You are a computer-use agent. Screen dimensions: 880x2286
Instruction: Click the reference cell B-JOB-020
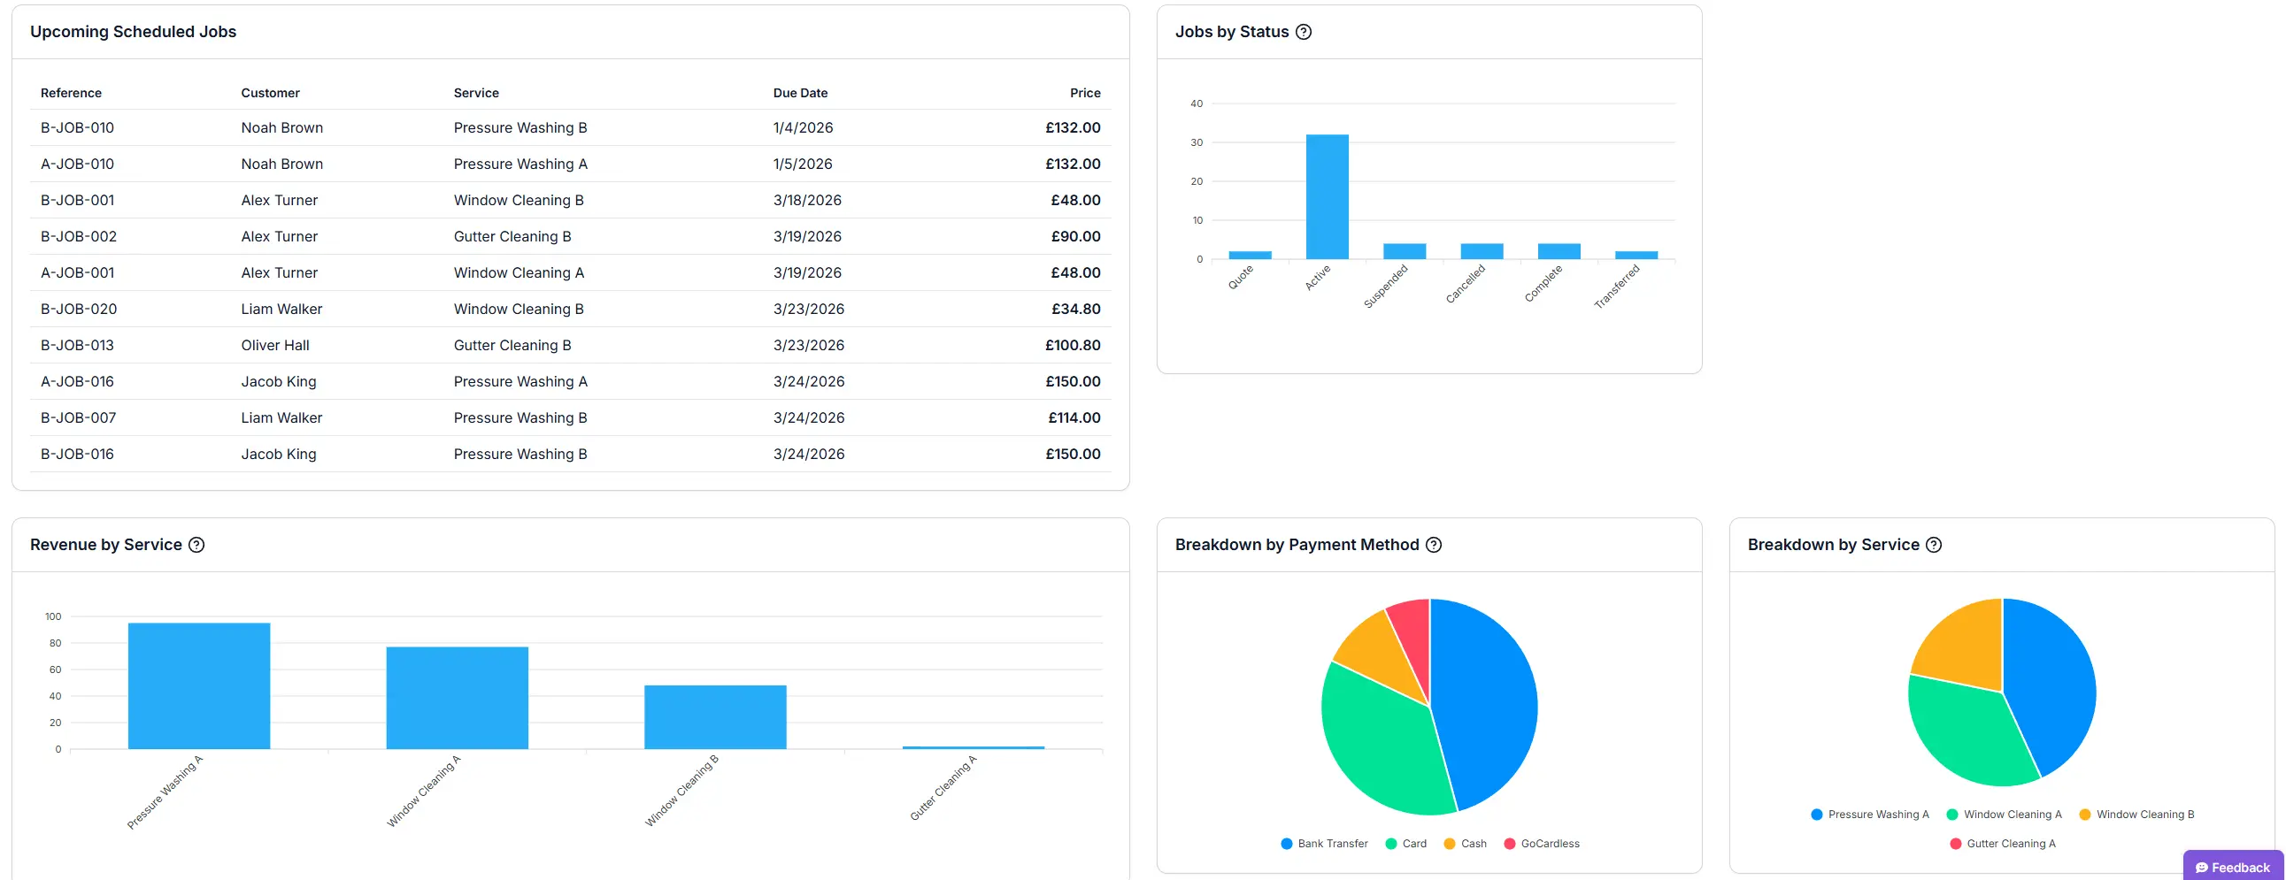point(78,309)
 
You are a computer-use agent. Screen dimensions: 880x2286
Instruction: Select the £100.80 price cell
point(1072,345)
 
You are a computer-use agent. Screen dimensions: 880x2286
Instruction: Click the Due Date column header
point(799,93)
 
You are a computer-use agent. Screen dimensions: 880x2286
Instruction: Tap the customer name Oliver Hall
point(275,345)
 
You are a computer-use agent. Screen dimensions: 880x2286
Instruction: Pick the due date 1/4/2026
point(802,127)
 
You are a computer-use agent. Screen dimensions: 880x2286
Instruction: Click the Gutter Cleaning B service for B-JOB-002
point(512,237)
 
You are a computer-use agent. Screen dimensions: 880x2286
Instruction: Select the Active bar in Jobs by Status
point(1327,197)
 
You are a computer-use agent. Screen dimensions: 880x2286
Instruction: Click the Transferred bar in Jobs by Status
point(1636,256)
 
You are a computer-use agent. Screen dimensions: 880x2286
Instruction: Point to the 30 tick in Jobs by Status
point(1197,142)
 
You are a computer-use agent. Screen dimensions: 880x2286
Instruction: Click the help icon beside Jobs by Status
point(1303,32)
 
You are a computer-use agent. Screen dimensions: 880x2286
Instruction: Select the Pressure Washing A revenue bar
point(199,685)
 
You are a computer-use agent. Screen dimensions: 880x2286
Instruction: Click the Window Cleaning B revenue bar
point(714,716)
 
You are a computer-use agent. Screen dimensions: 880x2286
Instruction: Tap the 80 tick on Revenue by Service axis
point(55,643)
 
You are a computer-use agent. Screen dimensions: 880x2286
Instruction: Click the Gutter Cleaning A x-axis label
point(943,788)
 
